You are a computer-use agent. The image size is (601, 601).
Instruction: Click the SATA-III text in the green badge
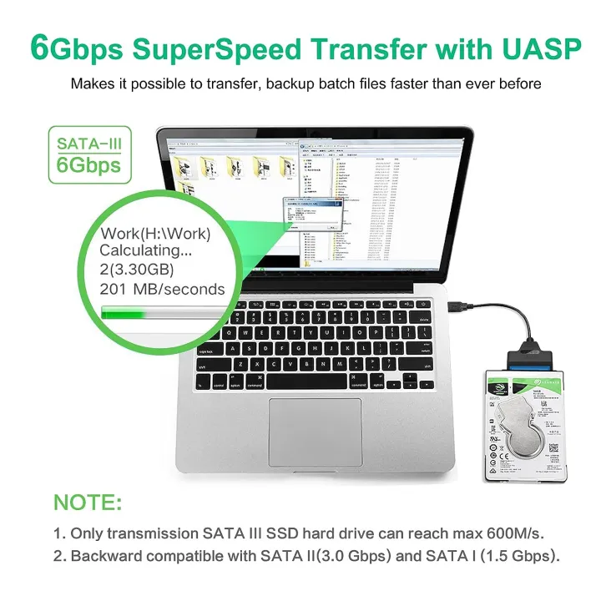click(88, 144)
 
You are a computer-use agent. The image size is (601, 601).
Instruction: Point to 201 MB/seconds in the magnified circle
click(162, 290)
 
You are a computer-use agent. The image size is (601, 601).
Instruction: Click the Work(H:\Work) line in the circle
click(155, 233)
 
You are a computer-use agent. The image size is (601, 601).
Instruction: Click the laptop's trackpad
click(316, 432)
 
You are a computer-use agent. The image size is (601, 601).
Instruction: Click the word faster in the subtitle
click(402, 83)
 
